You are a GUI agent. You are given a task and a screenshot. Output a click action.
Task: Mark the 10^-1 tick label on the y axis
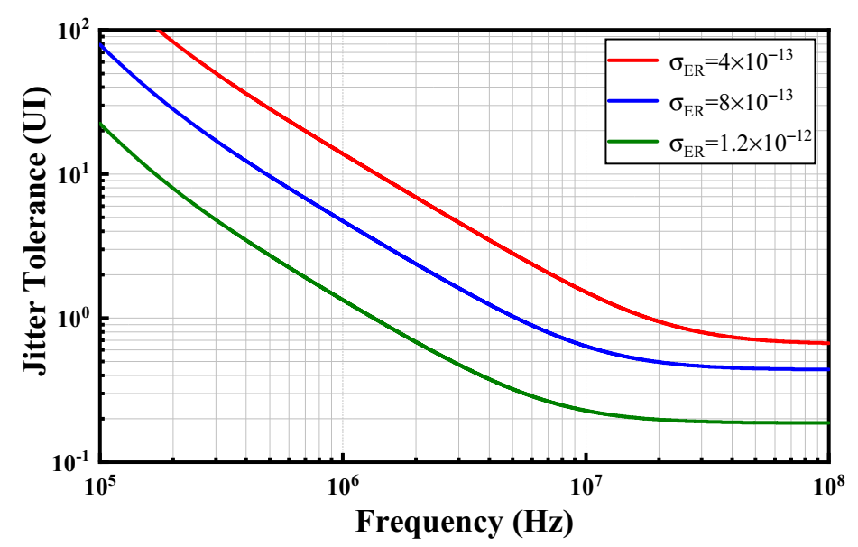click(72, 462)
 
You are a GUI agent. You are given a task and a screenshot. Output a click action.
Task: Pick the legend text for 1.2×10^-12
click(742, 144)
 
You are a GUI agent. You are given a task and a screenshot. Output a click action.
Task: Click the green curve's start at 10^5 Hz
click(101, 125)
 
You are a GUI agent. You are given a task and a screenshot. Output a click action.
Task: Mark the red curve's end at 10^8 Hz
click(827, 343)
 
